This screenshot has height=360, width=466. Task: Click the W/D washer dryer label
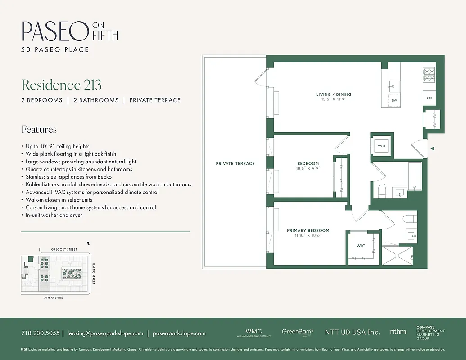click(381, 146)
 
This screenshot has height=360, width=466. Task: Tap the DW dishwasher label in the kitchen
click(394, 100)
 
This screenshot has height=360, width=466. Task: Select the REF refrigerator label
click(429, 98)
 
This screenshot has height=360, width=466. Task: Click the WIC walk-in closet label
click(361, 246)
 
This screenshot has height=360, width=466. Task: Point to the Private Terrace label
click(235, 163)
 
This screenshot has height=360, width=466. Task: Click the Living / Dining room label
click(333, 94)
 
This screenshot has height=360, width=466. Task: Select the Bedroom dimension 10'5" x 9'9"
click(308, 169)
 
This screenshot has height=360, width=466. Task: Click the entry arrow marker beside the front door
click(432, 148)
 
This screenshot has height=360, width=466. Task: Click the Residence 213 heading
click(61, 85)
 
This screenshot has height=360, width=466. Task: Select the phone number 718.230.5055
click(40, 333)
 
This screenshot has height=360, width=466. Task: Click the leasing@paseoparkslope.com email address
click(105, 333)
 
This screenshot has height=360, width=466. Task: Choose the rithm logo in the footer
click(398, 332)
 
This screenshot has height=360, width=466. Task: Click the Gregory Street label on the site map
click(64, 249)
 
